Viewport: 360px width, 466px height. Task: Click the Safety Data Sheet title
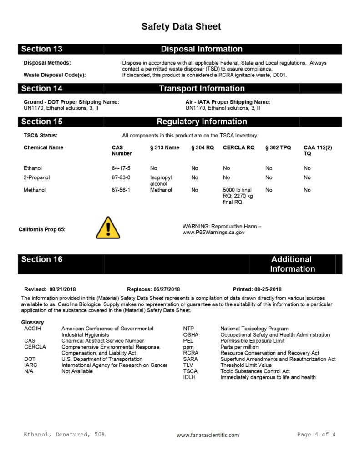click(x=181, y=26)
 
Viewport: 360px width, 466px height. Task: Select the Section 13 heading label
click(x=42, y=49)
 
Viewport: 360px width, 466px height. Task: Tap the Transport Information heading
click(x=202, y=88)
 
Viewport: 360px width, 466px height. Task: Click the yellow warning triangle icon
click(x=108, y=228)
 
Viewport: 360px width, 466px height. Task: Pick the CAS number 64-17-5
click(x=121, y=168)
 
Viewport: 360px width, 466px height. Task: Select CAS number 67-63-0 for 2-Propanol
click(x=121, y=177)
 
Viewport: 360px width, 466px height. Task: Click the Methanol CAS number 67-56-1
click(x=121, y=190)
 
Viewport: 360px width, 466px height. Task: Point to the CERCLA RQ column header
click(x=238, y=147)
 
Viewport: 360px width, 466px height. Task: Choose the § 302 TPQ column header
click(x=278, y=147)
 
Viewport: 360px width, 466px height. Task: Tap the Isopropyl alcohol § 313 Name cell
click(x=162, y=181)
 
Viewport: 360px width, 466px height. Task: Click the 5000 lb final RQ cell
click(x=238, y=196)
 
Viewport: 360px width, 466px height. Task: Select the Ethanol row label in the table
click(x=33, y=168)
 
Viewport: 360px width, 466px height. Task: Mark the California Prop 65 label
click(x=42, y=229)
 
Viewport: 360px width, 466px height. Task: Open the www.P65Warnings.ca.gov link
click(x=213, y=233)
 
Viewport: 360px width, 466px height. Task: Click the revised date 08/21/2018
click(x=63, y=289)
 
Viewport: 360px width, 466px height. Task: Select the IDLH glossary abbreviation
click(x=189, y=378)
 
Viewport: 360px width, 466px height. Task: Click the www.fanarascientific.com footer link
click(x=208, y=435)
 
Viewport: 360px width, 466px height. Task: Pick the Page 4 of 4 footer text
click(x=316, y=435)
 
